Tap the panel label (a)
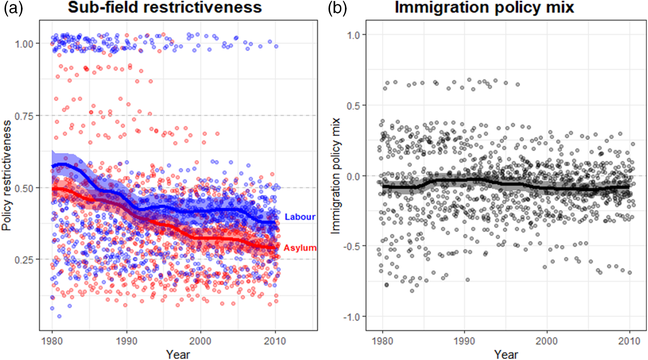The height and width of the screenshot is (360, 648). (13, 10)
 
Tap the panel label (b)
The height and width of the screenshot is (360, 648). (338, 10)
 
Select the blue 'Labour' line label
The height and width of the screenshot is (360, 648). (300, 217)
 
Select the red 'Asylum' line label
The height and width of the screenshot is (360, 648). (301, 247)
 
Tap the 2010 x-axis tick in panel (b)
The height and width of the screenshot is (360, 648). (629, 339)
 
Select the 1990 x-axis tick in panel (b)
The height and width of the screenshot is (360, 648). (464, 339)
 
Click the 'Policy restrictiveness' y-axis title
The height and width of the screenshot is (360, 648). (9, 181)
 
